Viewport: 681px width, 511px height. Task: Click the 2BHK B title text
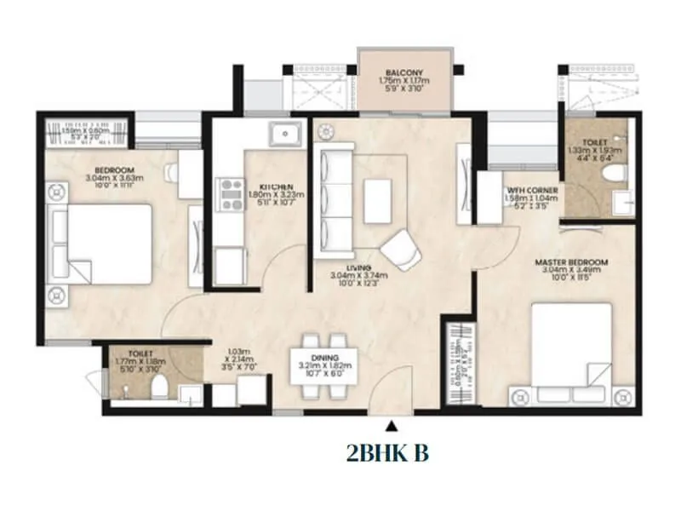[387, 453]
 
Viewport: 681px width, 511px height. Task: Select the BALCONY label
[404, 72]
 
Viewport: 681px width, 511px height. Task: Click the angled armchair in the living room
[399, 249]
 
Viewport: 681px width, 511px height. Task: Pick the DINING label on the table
[325, 358]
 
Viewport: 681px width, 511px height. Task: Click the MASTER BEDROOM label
[569, 261]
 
